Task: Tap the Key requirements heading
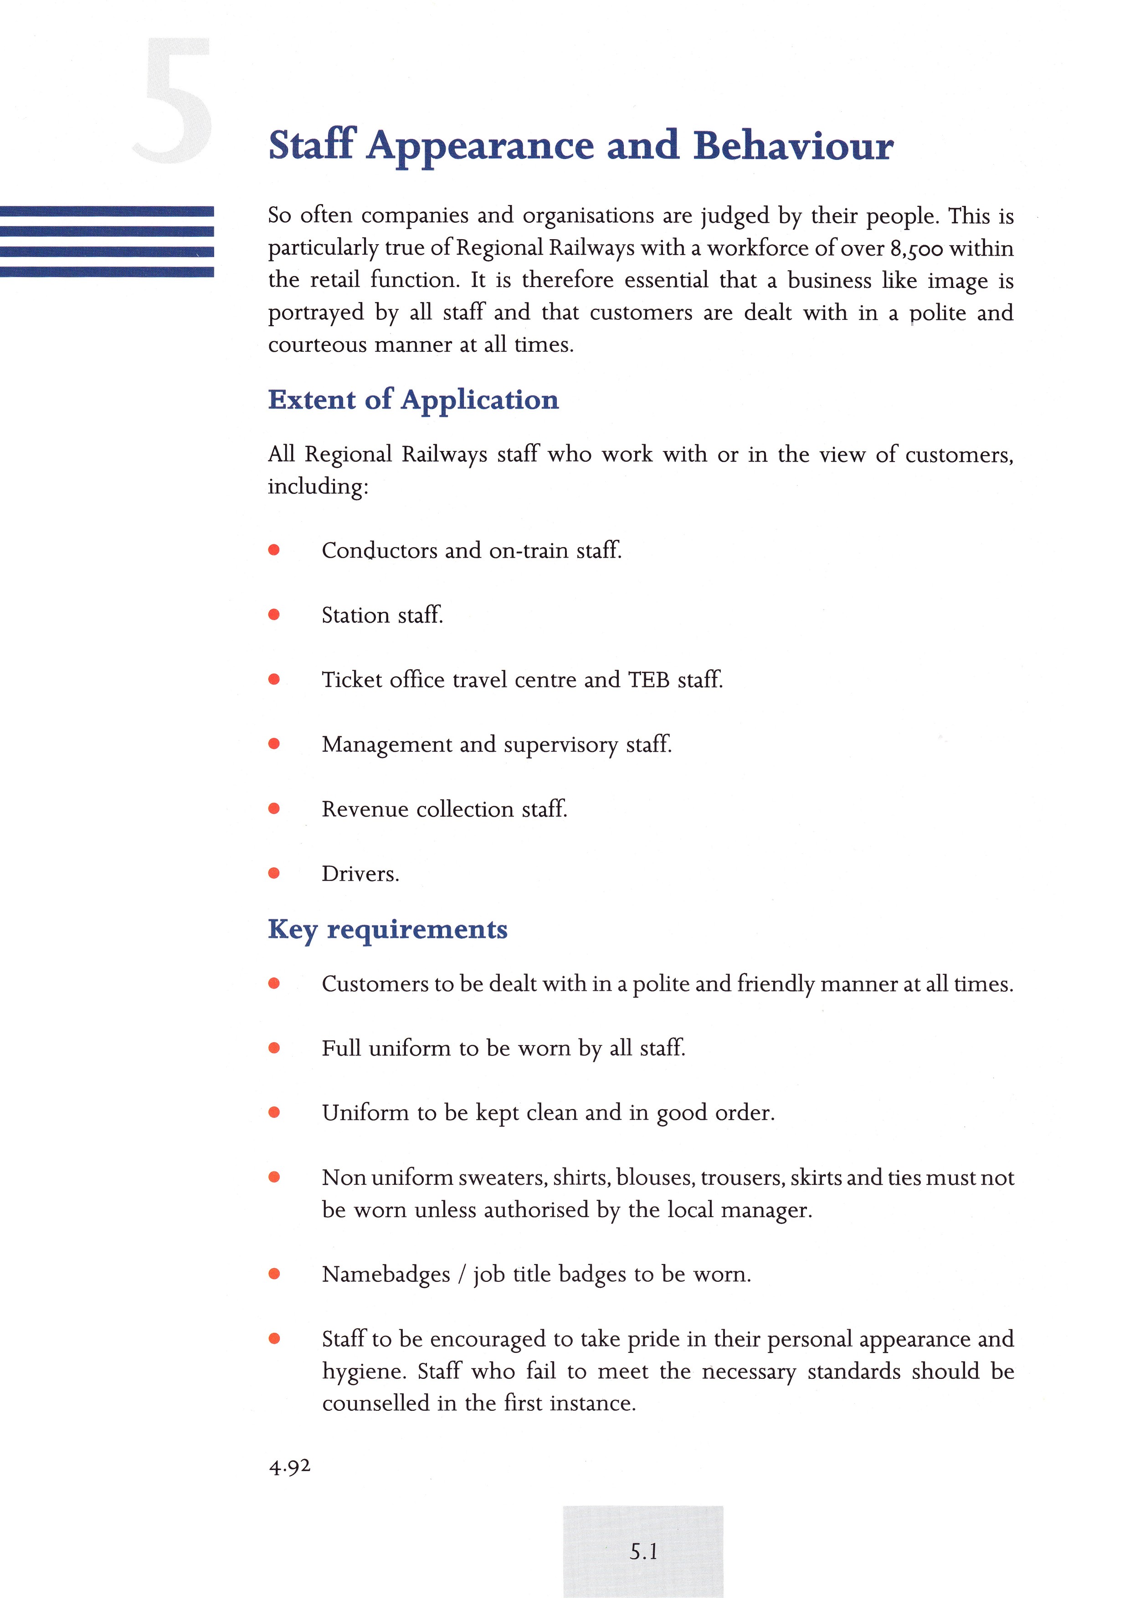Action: pyautogui.click(x=387, y=930)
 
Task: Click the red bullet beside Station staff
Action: pyautogui.click(x=274, y=615)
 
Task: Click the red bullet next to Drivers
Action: pyautogui.click(x=274, y=873)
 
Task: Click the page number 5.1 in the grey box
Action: pyautogui.click(x=643, y=1552)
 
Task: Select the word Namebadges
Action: pyautogui.click(x=386, y=1275)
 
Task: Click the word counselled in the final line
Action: pyautogui.click(x=375, y=1403)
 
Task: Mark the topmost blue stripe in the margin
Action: pyautogui.click(x=107, y=211)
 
